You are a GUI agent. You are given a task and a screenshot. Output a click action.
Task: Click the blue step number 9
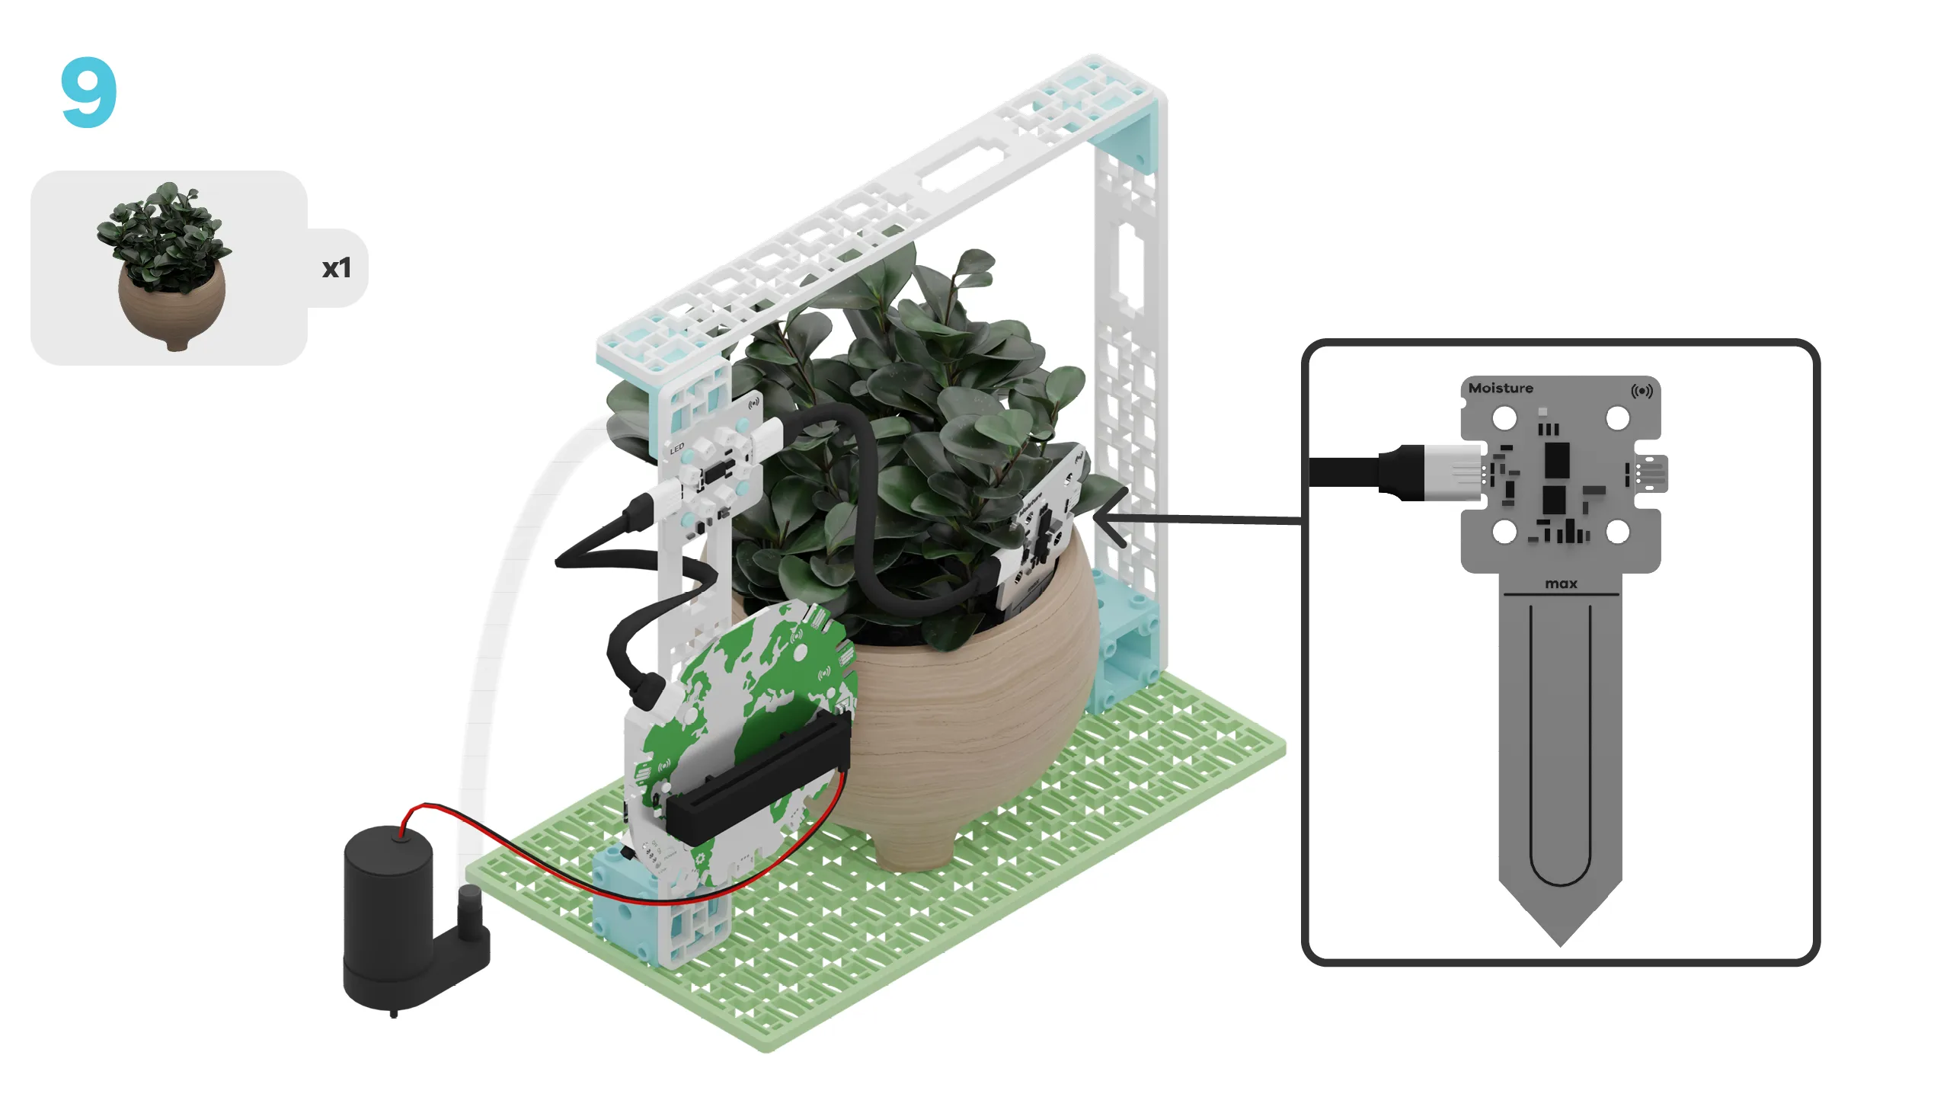[89, 93]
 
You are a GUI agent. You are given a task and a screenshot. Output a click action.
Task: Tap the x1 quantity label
[336, 268]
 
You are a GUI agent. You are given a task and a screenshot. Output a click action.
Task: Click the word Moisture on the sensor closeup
[1501, 388]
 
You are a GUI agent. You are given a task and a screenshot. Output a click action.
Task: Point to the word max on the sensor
[1561, 584]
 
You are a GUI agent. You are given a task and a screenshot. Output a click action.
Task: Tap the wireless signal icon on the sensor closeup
[1642, 391]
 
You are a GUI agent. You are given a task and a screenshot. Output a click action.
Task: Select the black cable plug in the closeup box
[1400, 472]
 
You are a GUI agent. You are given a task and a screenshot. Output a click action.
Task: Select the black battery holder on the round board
[758, 777]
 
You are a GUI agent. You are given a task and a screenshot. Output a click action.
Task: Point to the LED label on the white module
[676, 449]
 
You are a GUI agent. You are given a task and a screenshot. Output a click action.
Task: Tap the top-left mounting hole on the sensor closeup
[1504, 418]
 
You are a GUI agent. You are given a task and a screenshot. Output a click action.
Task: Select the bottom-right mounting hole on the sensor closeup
[1617, 532]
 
